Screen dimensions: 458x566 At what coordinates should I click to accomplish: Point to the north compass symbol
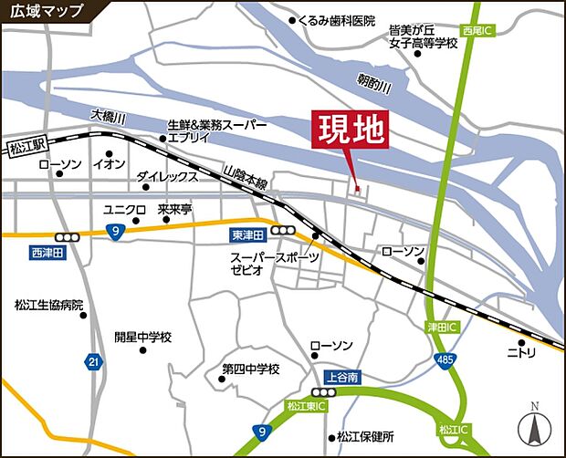[x=534, y=424]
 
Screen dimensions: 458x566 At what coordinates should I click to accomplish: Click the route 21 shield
[x=93, y=362]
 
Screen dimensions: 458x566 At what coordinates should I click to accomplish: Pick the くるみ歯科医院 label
[x=337, y=19]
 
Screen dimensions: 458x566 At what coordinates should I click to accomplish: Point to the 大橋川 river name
[x=108, y=118]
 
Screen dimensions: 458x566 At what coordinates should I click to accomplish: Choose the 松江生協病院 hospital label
[x=48, y=304]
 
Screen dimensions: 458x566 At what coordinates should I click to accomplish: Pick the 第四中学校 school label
[x=251, y=370]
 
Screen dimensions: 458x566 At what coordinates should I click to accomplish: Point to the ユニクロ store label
[x=125, y=209]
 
